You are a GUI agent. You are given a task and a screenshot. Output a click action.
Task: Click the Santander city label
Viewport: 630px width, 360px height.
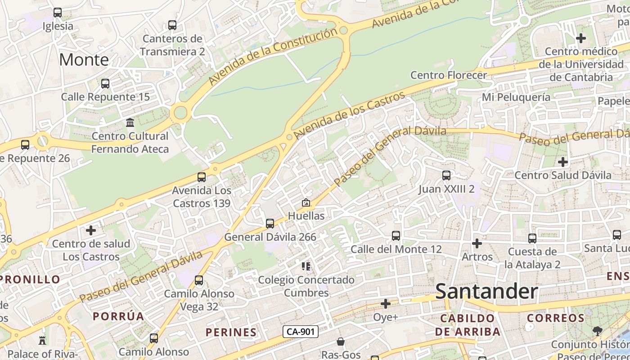486,291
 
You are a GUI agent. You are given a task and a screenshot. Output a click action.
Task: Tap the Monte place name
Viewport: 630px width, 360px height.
84,59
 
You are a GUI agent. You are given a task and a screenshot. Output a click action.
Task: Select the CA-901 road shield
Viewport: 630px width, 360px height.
301,332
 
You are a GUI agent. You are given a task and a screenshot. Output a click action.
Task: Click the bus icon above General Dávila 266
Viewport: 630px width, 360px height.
270,223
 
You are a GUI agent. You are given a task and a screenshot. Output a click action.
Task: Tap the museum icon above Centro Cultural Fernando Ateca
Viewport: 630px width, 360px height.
130,123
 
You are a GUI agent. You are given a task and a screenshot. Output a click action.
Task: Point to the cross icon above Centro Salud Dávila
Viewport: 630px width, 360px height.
563,162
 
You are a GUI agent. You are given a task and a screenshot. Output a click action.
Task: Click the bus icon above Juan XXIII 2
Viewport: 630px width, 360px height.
446,175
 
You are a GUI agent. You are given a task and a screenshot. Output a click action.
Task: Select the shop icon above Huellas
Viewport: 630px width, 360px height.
306,203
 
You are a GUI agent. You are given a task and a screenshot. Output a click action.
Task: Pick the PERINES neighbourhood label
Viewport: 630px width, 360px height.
231,333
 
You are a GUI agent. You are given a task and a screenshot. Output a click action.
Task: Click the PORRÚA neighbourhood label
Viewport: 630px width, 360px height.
118,316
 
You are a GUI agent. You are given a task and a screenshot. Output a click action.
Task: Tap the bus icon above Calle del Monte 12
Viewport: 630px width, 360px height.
396,236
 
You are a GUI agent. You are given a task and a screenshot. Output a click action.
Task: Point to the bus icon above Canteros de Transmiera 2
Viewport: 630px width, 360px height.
172,25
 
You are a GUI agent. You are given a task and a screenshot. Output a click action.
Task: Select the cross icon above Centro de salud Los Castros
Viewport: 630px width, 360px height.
91,230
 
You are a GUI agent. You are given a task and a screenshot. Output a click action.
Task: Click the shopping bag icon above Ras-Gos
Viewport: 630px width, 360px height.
341,342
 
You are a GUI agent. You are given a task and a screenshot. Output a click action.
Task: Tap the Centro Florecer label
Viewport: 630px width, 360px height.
449,75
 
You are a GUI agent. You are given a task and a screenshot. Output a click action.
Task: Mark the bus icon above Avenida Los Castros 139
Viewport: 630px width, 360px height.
202,177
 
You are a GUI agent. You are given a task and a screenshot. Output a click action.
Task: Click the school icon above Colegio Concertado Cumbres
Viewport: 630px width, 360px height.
306,266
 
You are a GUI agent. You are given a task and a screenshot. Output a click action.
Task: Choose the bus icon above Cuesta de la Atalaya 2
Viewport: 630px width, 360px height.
532,238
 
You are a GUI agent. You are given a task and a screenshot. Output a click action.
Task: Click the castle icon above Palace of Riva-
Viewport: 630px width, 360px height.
43,340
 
